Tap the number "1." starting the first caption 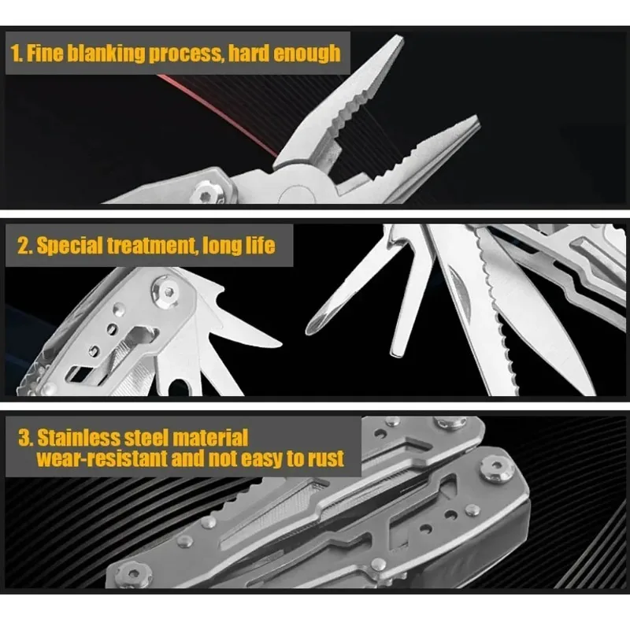[x=17, y=54]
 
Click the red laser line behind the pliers [x=220, y=110]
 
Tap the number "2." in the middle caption [x=24, y=245]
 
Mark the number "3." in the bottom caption [x=24, y=437]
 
